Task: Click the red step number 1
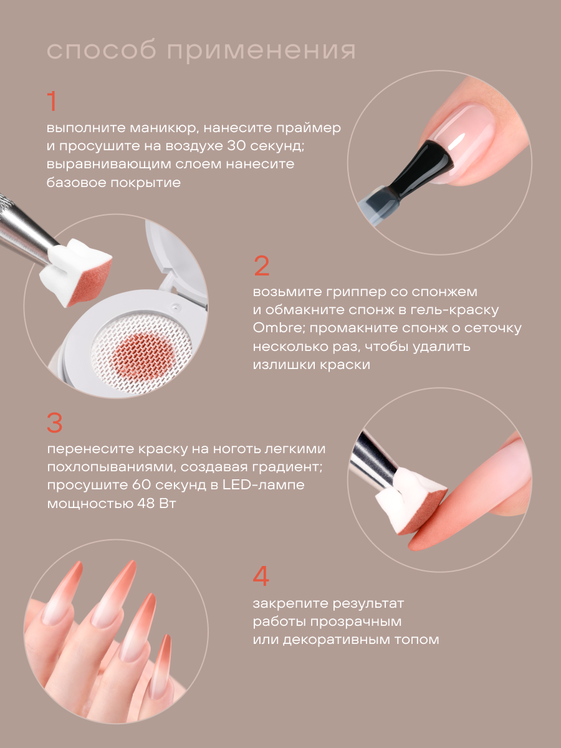click(52, 101)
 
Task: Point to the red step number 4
click(261, 576)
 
